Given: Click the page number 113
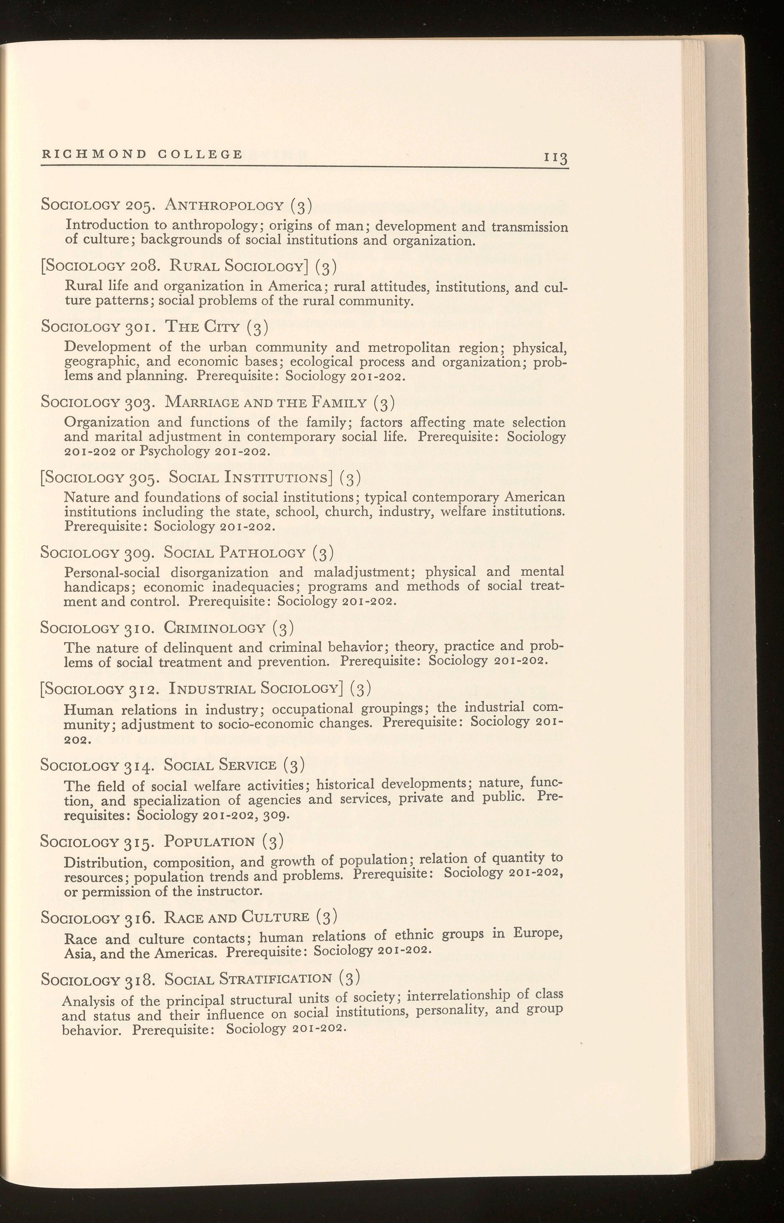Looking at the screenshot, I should pyautogui.click(x=557, y=158).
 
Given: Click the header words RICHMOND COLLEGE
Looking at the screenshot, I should pyautogui.click(x=142, y=154).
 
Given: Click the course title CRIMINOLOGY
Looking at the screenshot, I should pyautogui.click(x=215, y=628).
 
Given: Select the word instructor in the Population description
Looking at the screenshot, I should pyautogui.click(x=232, y=892).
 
